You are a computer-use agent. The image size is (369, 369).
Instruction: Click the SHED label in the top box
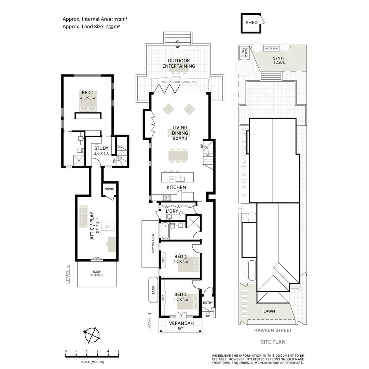[x=251, y=23]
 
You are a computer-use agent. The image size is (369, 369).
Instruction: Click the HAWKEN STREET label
[x=272, y=330]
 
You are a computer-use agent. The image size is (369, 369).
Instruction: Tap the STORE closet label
[x=109, y=189]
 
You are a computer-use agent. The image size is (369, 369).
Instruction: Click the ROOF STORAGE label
[x=97, y=273]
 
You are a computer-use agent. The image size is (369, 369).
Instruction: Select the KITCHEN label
[x=176, y=187]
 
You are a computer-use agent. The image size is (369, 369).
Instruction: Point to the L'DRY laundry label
[x=172, y=212]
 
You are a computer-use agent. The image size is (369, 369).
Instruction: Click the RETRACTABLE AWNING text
[x=179, y=82]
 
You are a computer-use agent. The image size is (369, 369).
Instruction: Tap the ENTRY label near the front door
[x=208, y=303]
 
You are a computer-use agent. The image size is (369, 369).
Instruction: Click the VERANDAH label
[x=181, y=323]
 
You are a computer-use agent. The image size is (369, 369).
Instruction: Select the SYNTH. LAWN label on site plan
[x=280, y=60]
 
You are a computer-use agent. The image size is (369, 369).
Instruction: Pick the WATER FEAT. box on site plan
[x=271, y=49]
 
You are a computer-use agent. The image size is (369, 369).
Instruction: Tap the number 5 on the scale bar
[x=119, y=351]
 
